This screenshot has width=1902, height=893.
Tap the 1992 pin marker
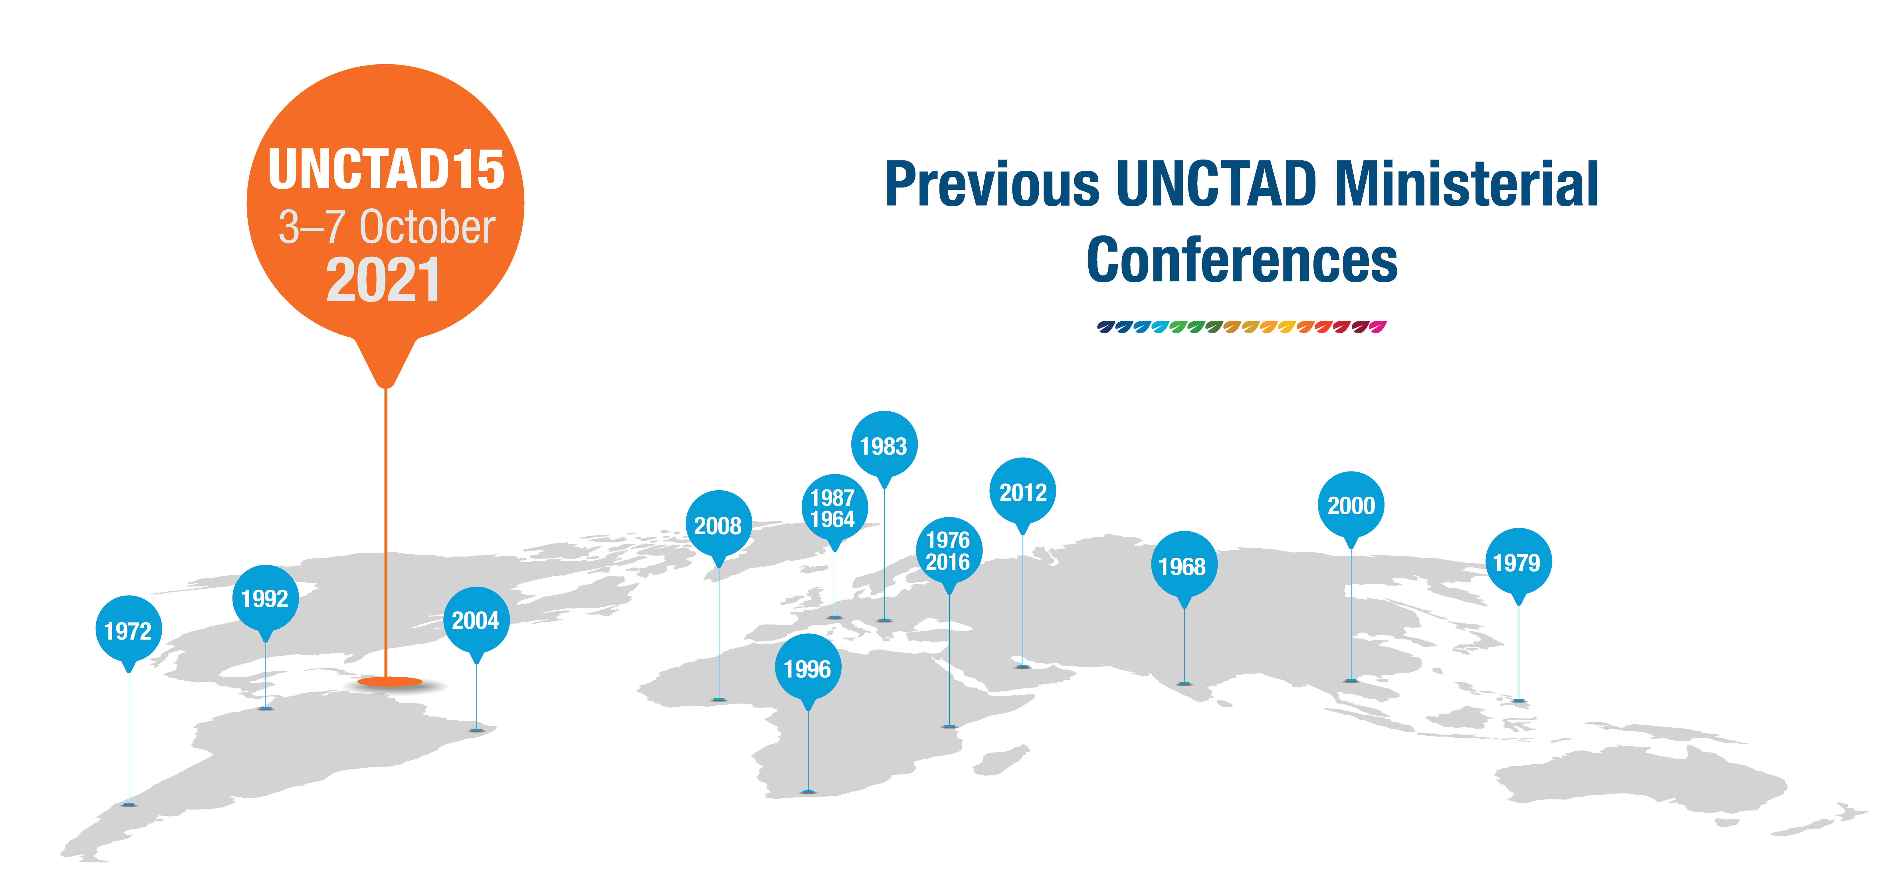(265, 598)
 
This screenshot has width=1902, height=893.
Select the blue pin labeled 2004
(476, 620)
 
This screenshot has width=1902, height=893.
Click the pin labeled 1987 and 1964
(834, 508)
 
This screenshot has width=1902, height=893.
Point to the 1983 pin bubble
(885, 446)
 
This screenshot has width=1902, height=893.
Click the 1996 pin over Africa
(808, 668)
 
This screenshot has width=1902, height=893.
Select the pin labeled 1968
(1184, 566)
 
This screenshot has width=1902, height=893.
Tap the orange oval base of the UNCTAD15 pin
(390, 682)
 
